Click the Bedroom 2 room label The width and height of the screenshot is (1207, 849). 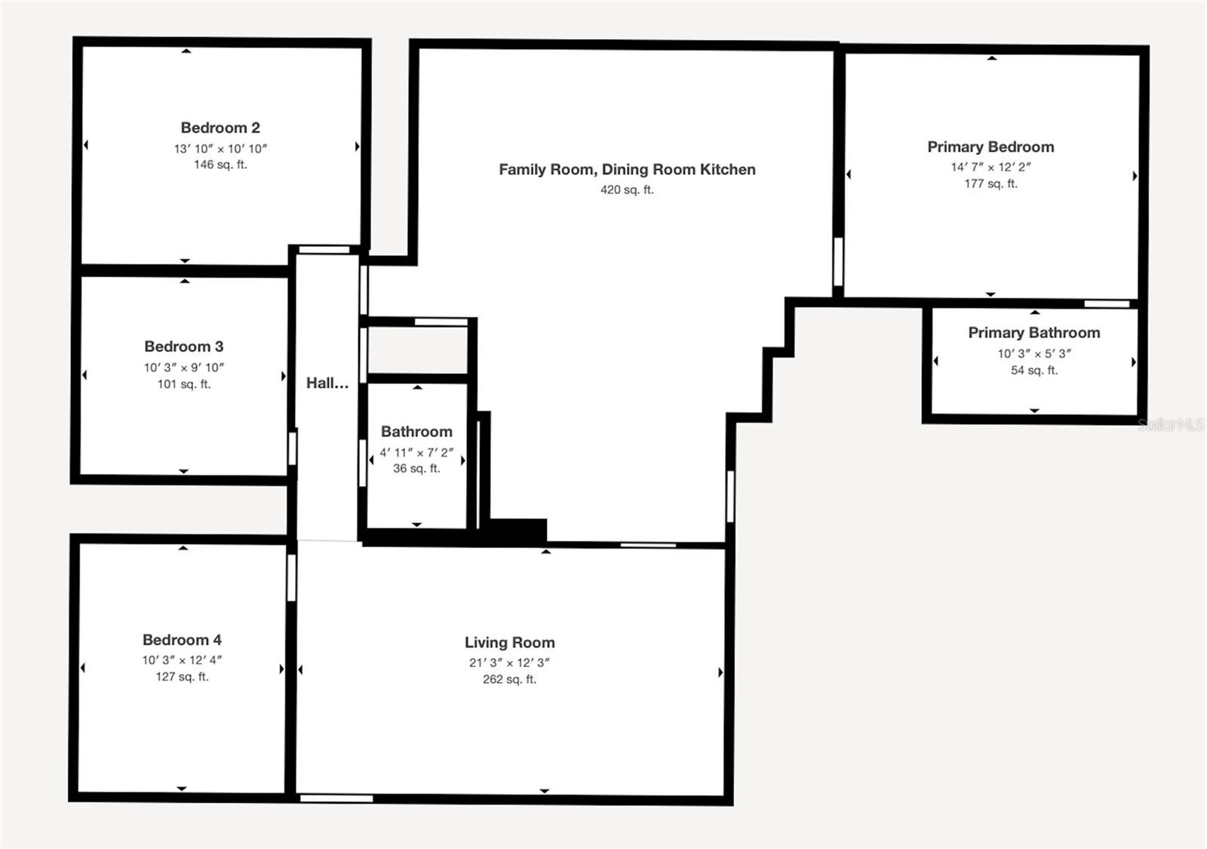tap(220, 128)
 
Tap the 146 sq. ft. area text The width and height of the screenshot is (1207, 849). tap(220, 165)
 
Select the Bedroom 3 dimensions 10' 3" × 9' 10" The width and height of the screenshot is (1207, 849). tap(184, 368)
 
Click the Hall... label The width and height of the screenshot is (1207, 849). tap(327, 383)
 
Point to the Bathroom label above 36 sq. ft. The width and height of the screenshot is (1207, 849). tap(416, 432)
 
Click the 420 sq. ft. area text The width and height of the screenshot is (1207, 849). tap(627, 189)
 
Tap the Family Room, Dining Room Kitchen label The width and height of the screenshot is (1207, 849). tap(627, 169)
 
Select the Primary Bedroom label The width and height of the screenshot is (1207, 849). tap(990, 147)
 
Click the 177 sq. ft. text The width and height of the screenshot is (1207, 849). tap(990, 183)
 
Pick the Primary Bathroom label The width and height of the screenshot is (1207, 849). tap(1033, 333)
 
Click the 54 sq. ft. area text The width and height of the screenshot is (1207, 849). tap(1033, 370)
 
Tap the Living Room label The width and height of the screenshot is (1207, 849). tap(509, 642)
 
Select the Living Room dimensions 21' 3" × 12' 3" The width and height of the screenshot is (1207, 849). tap(509, 663)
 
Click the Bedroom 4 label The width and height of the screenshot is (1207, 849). tap(182, 640)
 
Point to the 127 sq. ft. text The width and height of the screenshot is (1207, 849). tap(182, 677)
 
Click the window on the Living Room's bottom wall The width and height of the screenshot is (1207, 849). tap(336, 798)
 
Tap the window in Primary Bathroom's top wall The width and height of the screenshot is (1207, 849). tap(1107, 304)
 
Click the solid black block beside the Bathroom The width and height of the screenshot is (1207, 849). tap(518, 530)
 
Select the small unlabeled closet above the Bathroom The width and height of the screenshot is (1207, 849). tap(417, 350)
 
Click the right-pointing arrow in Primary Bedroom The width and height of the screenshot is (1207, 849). tap(1135, 176)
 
